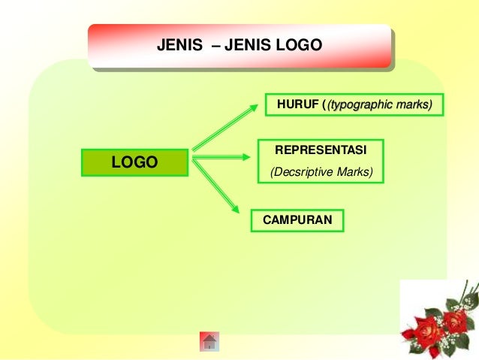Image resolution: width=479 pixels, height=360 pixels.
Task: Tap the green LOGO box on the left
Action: coord(135,162)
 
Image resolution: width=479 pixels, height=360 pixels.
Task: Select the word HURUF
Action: coord(297,104)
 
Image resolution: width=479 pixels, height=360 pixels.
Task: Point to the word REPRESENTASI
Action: coord(321,150)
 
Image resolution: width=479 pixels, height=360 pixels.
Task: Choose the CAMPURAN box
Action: coord(297,220)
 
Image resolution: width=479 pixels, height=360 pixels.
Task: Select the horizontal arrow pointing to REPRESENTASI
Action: coord(221,157)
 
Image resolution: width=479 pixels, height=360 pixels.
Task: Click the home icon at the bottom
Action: coord(209,342)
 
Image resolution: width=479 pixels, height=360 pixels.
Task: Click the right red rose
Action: coord(453,321)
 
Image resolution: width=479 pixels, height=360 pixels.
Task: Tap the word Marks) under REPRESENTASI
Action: coord(354,172)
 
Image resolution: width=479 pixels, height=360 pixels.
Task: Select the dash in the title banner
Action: coord(217,46)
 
